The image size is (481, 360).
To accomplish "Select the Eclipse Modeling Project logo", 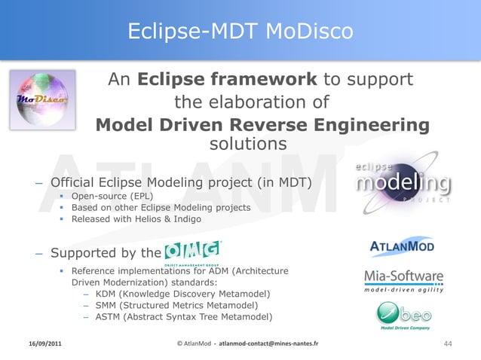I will click(403, 184).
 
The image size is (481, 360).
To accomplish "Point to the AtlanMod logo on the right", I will click(402, 247).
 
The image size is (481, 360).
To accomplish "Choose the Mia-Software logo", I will click(403, 280).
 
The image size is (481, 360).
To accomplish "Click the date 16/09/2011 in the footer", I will click(47, 344).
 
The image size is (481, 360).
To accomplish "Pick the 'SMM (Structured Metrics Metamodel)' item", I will click(177, 305).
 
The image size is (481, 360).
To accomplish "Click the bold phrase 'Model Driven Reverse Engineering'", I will click(263, 125).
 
